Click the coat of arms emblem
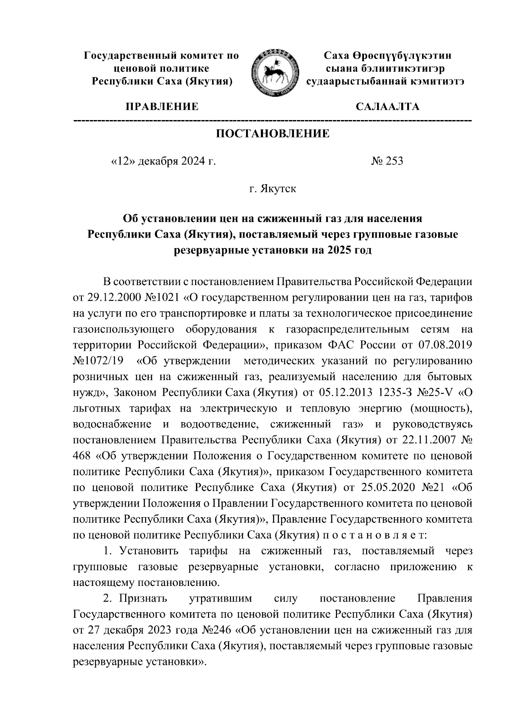tap(273, 72)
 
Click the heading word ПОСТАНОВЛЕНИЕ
tap(273, 134)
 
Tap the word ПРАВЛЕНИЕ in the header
tap(161, 106)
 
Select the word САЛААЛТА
tap(387, 106)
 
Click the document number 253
tap(394, 161)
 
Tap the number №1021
tap(163, 298)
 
